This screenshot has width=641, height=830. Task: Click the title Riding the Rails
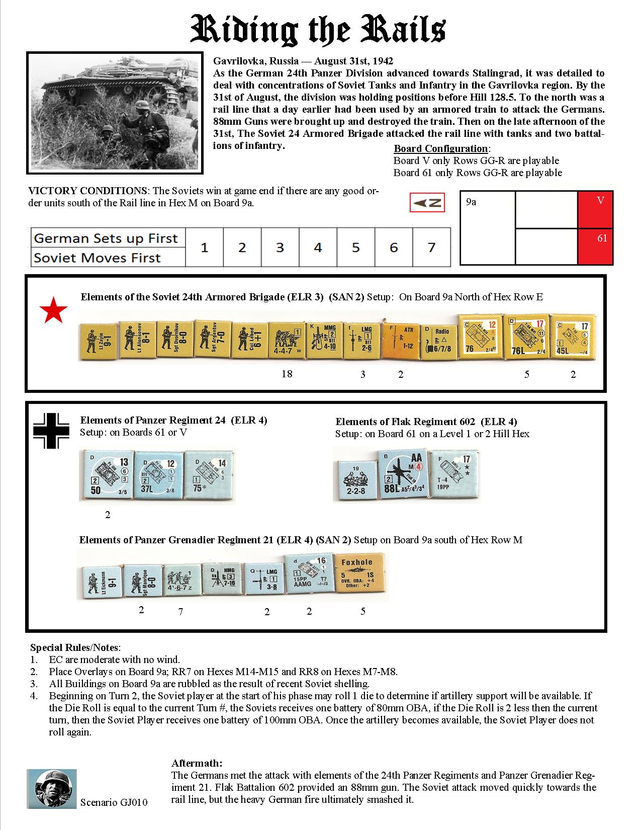(318, 31)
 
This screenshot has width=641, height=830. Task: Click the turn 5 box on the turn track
(356, 247)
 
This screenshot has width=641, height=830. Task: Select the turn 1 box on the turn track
(204, 247)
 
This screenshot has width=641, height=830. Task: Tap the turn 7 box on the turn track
(431, 247)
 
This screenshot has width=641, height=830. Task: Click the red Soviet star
(54, 311)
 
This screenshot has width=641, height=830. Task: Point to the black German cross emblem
(51, 431)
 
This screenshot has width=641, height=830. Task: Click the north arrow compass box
(427, 203)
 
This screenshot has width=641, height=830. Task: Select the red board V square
(596, 209)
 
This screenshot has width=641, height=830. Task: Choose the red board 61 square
(596, 246)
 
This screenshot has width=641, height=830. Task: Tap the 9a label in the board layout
(471, 202)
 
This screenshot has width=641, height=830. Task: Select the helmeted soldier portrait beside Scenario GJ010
(52, 788)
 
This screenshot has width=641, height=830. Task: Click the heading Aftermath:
(197, 763)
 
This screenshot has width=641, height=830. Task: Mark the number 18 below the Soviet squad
(287, 374)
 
